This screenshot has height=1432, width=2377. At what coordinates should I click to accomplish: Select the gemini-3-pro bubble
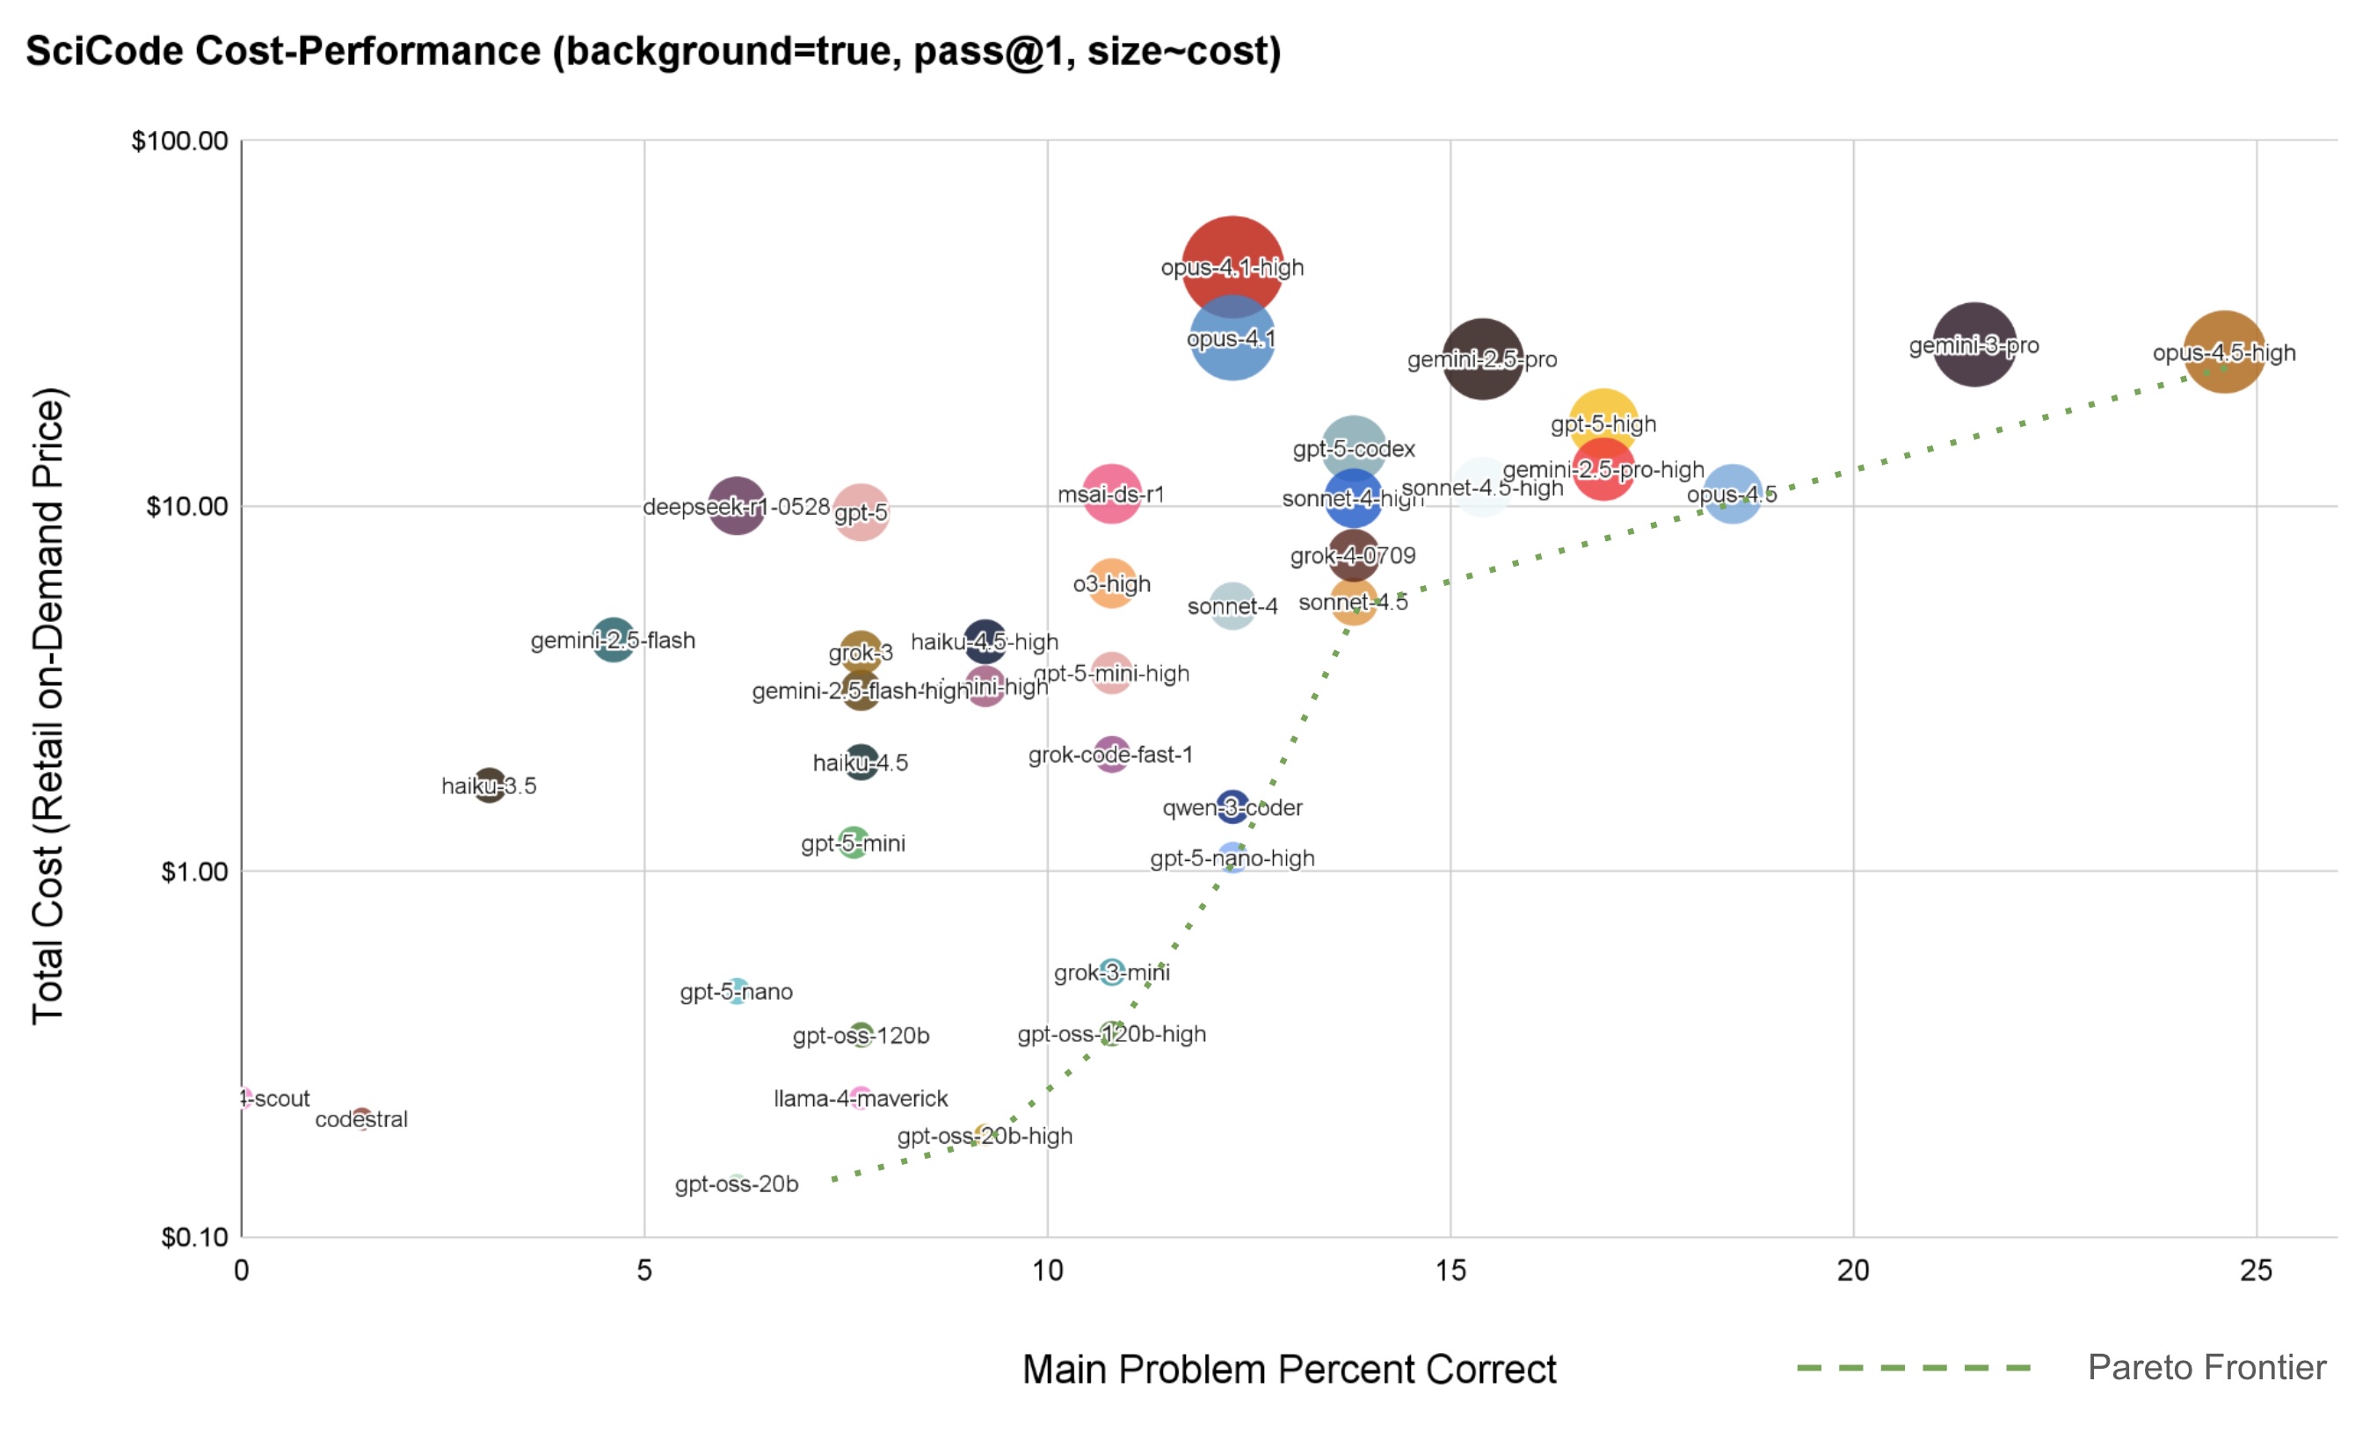(x=1974, y=344)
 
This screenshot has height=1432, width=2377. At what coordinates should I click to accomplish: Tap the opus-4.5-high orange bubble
(x=2224, y=352)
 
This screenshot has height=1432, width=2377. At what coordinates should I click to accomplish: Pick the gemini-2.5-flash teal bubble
(x=613, y=640)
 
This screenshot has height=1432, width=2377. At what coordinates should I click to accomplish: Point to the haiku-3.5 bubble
(x=489, y=785)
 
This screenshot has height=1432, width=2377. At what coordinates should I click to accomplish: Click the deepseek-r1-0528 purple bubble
(x=736, y=505)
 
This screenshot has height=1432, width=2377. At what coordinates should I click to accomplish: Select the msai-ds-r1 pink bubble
(x=1111, y=494)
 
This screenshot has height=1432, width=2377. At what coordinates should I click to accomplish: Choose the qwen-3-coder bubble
(x=1232, y=806)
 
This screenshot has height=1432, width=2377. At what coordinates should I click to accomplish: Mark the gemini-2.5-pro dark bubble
(x=1482, y=358)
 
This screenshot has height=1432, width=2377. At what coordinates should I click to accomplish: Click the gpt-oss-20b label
(x=736, y=1183)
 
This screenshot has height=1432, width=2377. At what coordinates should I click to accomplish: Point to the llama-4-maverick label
(x=861, y=1097)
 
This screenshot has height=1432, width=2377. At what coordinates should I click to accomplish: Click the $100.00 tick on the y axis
(x=179, y=141)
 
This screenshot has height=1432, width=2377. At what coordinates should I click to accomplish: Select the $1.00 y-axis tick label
(x=194, y=871)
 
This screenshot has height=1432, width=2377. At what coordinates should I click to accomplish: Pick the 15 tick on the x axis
(x=1450, y=1270)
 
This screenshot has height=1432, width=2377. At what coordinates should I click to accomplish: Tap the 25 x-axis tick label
(x=2256, y=1270)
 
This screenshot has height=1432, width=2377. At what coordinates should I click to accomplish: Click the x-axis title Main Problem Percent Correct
(x=1289, y=1369)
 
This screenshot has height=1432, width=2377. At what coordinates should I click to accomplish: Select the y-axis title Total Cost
(x=48, y=705)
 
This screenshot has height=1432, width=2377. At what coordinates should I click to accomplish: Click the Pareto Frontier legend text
(x=2206, y=1366)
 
